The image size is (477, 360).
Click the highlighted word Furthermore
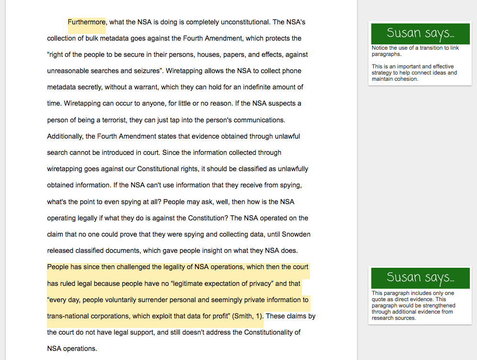87,22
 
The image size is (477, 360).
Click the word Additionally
65,136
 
